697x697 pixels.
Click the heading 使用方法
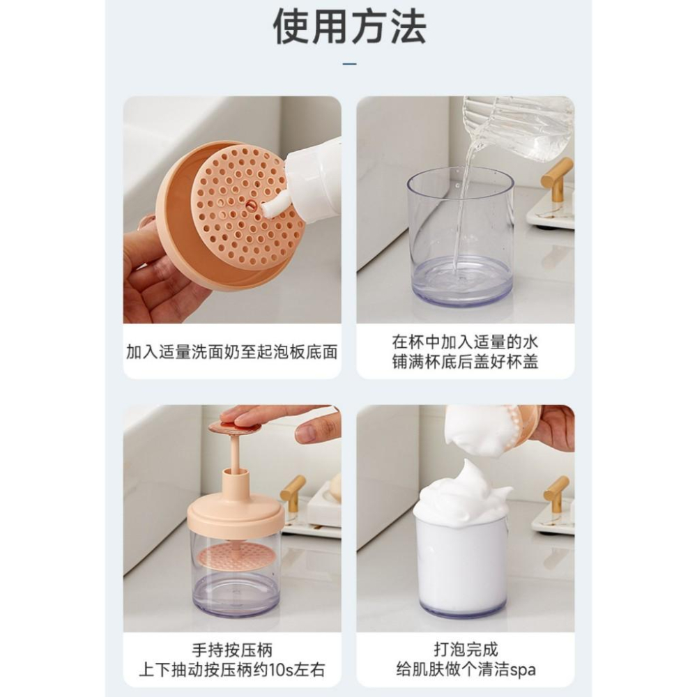click(x=349, y=26)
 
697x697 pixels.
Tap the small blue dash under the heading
click(x=350, y=64)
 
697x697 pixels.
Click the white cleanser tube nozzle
click(x=272, y=208)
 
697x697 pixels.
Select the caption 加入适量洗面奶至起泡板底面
click(x=231, y=351)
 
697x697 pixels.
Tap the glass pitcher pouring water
click(x=516, y=129)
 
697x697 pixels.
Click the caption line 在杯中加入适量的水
click(x=465, y=342)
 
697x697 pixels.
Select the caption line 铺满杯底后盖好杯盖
click(x=465, y=362)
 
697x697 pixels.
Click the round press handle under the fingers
click(x=234, y=428)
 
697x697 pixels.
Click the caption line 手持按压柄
click(x=232, y=650)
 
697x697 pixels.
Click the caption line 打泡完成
click(x=466, y=650)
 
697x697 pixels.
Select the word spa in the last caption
click(x=523, y=671)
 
